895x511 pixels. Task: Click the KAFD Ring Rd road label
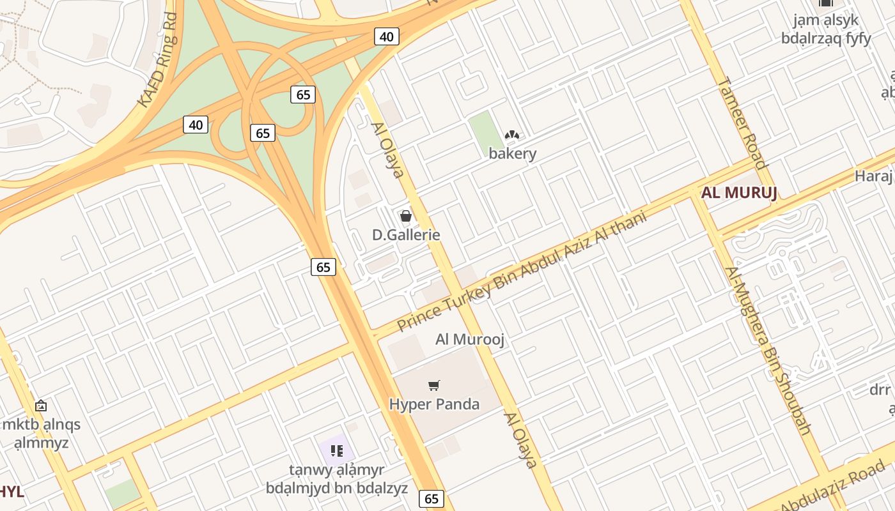(157, 62)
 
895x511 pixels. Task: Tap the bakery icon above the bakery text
(511, 135)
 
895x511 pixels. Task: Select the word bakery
(513, 153)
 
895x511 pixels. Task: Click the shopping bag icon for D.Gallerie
(405, 216)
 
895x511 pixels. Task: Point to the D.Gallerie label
(406, 234)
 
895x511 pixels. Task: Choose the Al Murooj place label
(470, 339)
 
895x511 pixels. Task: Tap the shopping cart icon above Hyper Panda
(434, 385)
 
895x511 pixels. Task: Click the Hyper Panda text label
(434, 404)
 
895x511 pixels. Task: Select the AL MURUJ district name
(739, 192)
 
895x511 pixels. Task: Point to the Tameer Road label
(742, 123)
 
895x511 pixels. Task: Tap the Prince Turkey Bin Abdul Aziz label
(521, 271)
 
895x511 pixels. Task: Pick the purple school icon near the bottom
(337, 451)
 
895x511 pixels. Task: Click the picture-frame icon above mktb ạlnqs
(41, 406)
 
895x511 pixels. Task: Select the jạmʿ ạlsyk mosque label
(826, 29)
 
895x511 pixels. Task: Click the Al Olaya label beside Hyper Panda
(520, 440)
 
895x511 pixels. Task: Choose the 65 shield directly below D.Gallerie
(323, 266)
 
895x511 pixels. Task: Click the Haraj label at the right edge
(874, 176)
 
